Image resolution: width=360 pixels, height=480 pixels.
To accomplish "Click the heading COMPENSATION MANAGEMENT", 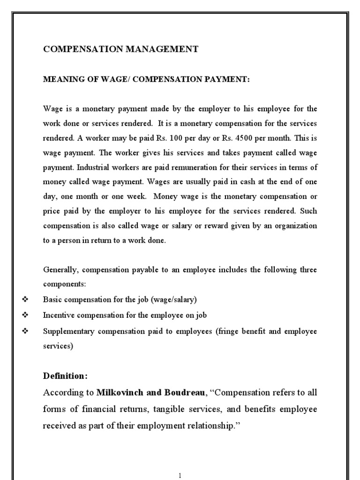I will tap(120, 49).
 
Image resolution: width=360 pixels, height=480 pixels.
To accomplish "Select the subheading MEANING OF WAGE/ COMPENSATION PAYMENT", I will tap(147, 80).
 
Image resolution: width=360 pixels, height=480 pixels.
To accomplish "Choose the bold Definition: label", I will tap(65, 376).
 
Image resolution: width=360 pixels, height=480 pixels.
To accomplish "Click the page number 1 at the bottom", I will tap(180, 475).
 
